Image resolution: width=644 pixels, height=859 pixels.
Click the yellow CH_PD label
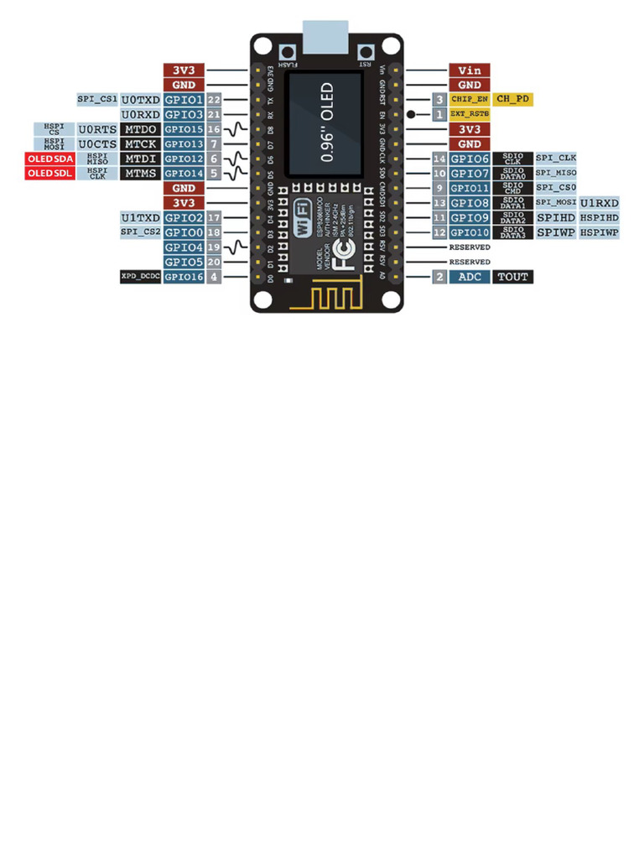pyautogui.click(x=513, y=99)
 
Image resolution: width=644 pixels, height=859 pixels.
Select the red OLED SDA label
pyautogui.click(x=49, y=159)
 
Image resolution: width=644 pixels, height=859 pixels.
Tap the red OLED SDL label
pyautogui.click(x=49, y=174)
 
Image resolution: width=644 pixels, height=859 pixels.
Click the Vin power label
pyautogui.click(x=470, y=70)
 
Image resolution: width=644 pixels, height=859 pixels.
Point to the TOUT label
pyautogui.click(x=513, y=276)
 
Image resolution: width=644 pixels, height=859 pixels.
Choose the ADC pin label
pyautogui.click(x=470, y=276)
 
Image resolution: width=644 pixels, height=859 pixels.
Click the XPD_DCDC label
pyautogui.click(x=140, y=276)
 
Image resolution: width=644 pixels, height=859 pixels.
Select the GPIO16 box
pyautogui.click(x=184, y=276)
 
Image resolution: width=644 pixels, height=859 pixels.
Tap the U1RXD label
pyautogui.click(x=600, y=203)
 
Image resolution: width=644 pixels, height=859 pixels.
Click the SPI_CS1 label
pyautogui.click(x=97, y=99)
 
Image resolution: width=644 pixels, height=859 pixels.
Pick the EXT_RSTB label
pyautogui.click(x=470, y=113)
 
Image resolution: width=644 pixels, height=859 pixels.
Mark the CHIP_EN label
pyautogui.click(x=470, y=99)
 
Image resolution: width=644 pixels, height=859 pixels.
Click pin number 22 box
pyautogui.click(x=215, y=99)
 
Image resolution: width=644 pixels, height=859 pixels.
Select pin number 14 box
pyautogui.click(x=439, y=159)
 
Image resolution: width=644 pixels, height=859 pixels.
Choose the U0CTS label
pyautogui.click(x=97, y=144)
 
